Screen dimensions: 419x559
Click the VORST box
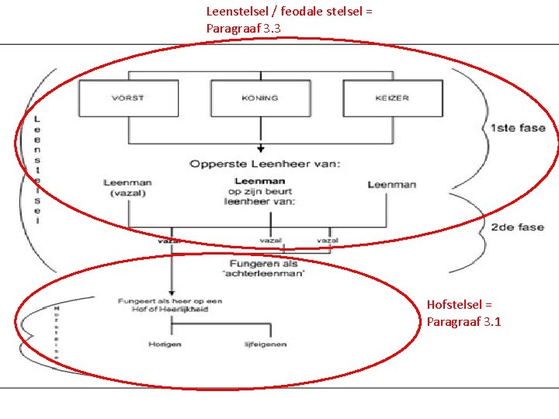[x=127, y=99]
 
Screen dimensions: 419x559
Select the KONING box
[x=259, y=99]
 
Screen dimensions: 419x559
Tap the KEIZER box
[x=391, y=99]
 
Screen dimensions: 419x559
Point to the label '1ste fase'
[x=518, y=128]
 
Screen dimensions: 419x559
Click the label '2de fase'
[x=518, y=227]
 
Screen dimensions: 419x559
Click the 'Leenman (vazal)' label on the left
[x=127, y=188]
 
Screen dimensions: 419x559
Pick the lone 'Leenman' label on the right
[x=391, y=184]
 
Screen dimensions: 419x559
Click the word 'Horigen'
[x=165, y=344]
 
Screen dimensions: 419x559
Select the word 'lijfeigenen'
[x=266, y=344]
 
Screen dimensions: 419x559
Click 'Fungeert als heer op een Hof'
[x=170, y=304]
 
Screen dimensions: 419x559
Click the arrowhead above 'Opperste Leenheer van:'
[x=261, y=149]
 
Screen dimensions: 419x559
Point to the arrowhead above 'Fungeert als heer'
[x=171, y=290]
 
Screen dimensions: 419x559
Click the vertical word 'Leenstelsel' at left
[x=37, y=168]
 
